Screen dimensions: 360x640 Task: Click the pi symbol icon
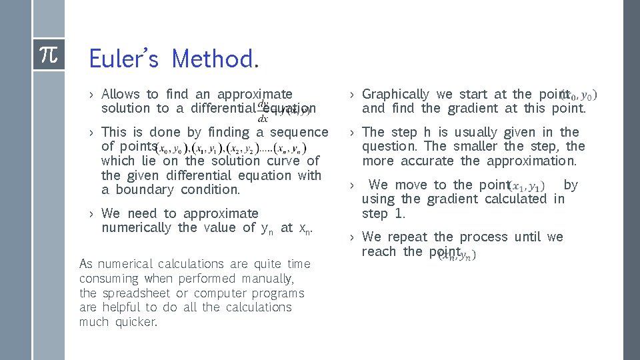tap(49, 55)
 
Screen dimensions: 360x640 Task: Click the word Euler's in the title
tap(123, 59)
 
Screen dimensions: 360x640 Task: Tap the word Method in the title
tap(211, 59)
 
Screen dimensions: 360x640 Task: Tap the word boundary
tap(144, 189)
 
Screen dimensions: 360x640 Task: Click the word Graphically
tap(396, 95)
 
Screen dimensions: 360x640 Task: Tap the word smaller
tap(475, 146)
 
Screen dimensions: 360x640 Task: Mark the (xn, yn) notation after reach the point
tap(458, 255)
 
